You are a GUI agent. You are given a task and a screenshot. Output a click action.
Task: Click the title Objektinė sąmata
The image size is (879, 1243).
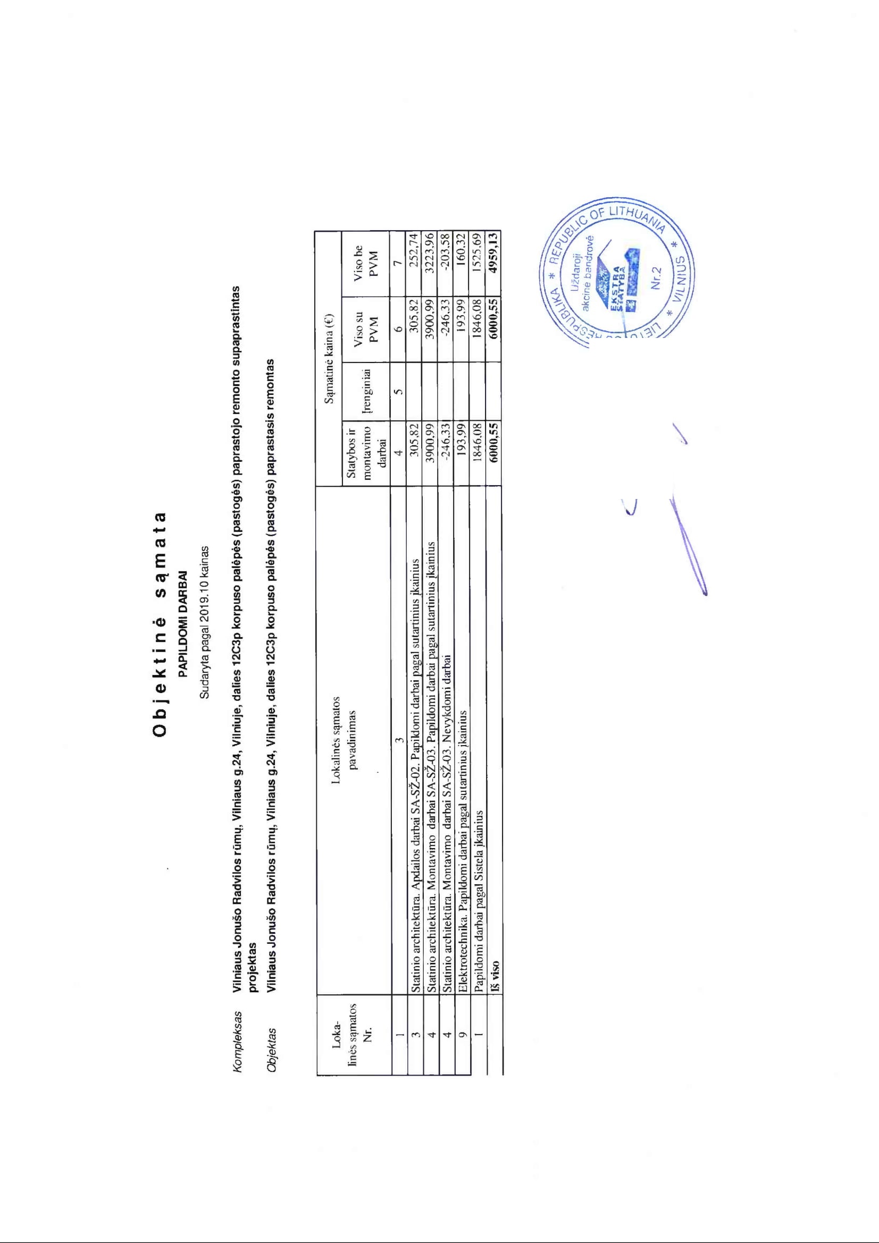click(x=160, y=623)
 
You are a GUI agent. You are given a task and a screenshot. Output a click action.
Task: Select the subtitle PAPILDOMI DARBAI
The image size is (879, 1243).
click(x=183, y=623)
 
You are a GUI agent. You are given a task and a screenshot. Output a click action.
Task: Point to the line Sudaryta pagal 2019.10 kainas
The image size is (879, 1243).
click(x=205, y=622)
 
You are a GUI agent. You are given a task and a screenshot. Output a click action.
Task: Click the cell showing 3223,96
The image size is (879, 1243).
click(x=430, y=247)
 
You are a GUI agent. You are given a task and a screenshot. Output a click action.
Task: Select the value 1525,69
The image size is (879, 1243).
click(x=478, y=247)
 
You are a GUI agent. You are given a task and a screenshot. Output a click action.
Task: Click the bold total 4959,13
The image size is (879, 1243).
click(x=493, y=247)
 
